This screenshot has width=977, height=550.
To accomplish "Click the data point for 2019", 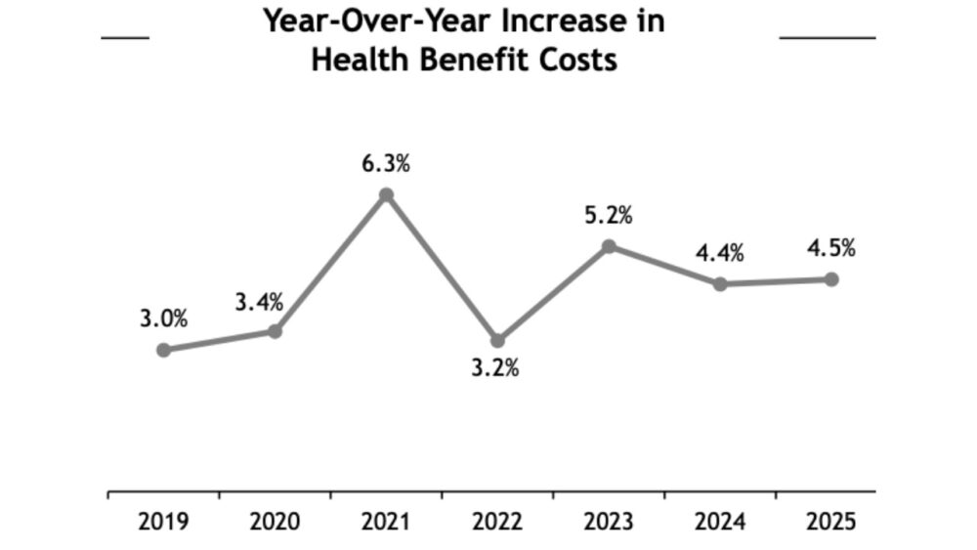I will (x=163, y=350).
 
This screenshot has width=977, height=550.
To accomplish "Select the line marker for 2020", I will (x=275, y=331).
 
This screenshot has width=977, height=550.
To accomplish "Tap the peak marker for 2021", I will (x=386, y=194).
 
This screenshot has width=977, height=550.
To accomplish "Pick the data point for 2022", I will (x=497, y=340).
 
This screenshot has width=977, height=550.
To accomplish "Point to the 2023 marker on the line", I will (x=609, y=246).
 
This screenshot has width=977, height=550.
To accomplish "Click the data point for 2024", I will (x=720, y=284).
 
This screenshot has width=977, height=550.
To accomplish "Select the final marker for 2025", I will (x=831, y=279).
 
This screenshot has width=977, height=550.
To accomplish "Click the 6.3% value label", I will (x=386, y=164).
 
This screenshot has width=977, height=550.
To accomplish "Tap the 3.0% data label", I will (x=163, y=318).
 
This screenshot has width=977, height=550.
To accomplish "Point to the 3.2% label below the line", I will (x=497, y=370).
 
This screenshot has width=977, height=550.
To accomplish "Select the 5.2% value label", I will (x=609, y=216).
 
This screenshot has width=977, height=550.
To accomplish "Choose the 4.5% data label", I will (x=831, y=248).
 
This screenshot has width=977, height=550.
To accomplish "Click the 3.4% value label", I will (x=259, y=302).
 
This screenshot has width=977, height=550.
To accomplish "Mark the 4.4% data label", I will (x=720, y=254).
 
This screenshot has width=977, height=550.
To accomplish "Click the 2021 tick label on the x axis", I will (x=386, y=522).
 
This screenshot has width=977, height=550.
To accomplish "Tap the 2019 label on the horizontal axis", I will (x=163, y=522).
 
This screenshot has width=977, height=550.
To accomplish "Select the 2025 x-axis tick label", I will (x=831, y=522).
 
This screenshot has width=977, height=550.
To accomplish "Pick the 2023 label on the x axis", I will (x=609, y=522).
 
